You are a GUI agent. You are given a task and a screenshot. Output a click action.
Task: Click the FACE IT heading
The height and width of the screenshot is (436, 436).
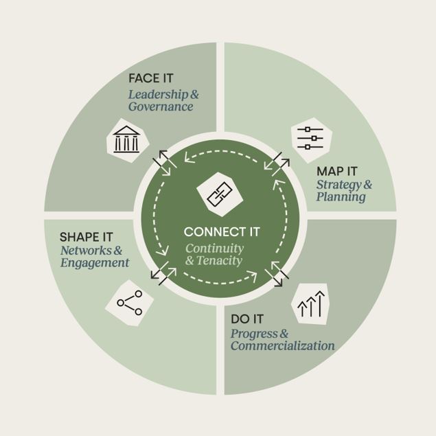point(150,78)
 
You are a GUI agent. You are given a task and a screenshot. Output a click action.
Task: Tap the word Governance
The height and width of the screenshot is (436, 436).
point(161,107)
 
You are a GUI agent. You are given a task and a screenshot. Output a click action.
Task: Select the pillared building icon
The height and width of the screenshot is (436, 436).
point(126,139)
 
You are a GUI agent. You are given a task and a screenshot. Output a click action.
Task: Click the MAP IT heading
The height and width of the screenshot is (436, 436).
point(336,171)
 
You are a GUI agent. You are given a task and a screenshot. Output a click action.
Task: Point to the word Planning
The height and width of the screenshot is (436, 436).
point(341,197)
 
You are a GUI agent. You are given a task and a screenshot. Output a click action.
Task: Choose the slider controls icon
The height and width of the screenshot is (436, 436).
point(310,138)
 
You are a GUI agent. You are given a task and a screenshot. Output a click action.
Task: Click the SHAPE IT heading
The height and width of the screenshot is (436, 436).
point(87,237)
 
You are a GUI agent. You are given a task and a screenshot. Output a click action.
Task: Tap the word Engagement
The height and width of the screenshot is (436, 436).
point(95,263)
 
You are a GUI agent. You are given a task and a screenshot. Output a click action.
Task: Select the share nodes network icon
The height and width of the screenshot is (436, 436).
point(130,303)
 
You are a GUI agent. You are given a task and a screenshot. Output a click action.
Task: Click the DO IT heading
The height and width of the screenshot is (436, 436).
point(247,319)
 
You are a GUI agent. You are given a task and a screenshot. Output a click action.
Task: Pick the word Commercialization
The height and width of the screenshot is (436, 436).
point(282,346)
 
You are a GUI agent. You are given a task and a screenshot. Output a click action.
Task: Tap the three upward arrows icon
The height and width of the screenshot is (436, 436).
point(311,303)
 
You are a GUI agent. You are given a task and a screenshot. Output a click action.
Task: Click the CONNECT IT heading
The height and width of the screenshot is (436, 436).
point(222,231)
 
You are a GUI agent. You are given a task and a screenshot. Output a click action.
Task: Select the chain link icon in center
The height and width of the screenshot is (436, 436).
point(220,194)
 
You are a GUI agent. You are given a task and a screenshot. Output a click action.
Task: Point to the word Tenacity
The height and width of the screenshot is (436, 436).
point(220,260)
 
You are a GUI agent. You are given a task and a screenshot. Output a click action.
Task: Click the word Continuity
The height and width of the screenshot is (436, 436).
point(215,249)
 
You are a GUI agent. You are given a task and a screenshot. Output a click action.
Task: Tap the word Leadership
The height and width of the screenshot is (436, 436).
point(158,95)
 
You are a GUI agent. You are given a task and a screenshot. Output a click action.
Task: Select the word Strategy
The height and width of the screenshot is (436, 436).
point(339,185)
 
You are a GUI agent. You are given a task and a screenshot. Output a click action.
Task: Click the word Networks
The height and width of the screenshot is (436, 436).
point(86,251)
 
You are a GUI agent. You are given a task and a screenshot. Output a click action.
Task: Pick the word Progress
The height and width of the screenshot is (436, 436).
point(254,334)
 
